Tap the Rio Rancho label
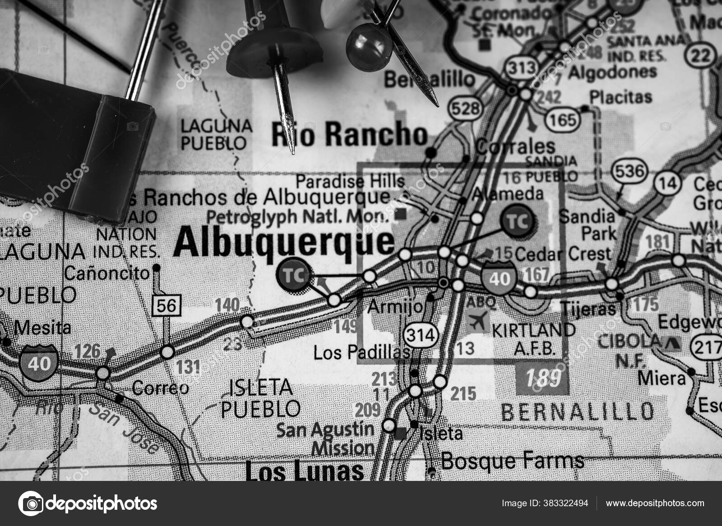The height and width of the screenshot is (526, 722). [350, 134]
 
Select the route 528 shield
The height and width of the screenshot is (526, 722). [465, 109]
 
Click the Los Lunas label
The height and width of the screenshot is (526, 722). [305, 471]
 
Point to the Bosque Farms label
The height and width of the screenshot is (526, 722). [512, 461]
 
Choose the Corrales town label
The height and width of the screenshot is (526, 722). [516, 146]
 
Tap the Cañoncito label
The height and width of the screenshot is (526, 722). [106, 273]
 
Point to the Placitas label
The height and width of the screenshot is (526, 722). [621, 97]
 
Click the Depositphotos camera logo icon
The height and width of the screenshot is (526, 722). [31, 503]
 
